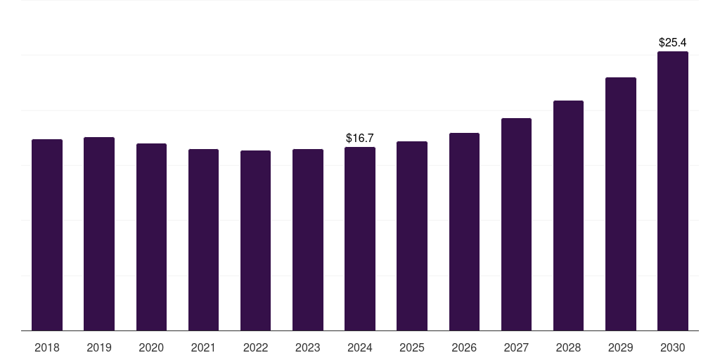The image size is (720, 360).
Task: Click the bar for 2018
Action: click(x=47, y=235)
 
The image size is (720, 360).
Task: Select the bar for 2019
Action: click(x=99, y=233)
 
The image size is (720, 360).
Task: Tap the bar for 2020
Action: click(x=152, y=237)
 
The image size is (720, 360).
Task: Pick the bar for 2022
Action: click(x=255, y=240)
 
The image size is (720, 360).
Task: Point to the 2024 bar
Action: click(x=360, y=239)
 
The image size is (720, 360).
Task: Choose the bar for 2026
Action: click(x=464, y=232)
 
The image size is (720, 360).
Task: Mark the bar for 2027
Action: click(x=517, y=224)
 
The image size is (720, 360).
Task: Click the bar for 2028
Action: click(x=568, y=215)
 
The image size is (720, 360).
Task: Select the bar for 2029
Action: click(x=621, y=204)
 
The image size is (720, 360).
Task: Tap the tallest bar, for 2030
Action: click(x=673, y=191)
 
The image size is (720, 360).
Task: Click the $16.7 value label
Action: click(x=360, y=139)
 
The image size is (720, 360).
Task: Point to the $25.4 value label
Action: click(x=673, y=43)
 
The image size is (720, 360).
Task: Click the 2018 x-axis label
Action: click(x=47, y=347)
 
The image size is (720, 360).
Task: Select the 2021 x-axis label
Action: click(x=203, y=347)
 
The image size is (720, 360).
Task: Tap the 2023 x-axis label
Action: click(x=308, y=347)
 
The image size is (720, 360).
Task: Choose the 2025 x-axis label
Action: click(x=412, y=347)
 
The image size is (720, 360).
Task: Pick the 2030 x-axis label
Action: click(x=673, y=347)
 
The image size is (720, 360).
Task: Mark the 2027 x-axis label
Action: click(x=517, y=347)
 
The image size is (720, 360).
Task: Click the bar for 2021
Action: click(x=203, y=240)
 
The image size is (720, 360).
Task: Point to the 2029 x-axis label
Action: click(x=621, y=347)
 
